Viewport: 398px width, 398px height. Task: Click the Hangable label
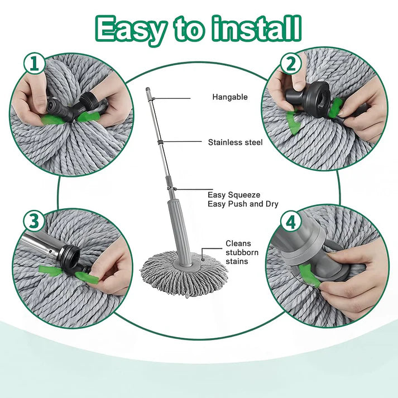[229, 97]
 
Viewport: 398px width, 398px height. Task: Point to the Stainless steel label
[235, 142]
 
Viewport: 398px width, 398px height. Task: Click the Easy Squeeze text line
[233, 195]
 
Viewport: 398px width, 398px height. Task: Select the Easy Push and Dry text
[243, 204]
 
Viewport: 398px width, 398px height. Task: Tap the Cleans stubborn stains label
[239, 252]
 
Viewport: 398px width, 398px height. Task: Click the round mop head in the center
[184, 268]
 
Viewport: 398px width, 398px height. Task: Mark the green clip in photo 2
[295, 121]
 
